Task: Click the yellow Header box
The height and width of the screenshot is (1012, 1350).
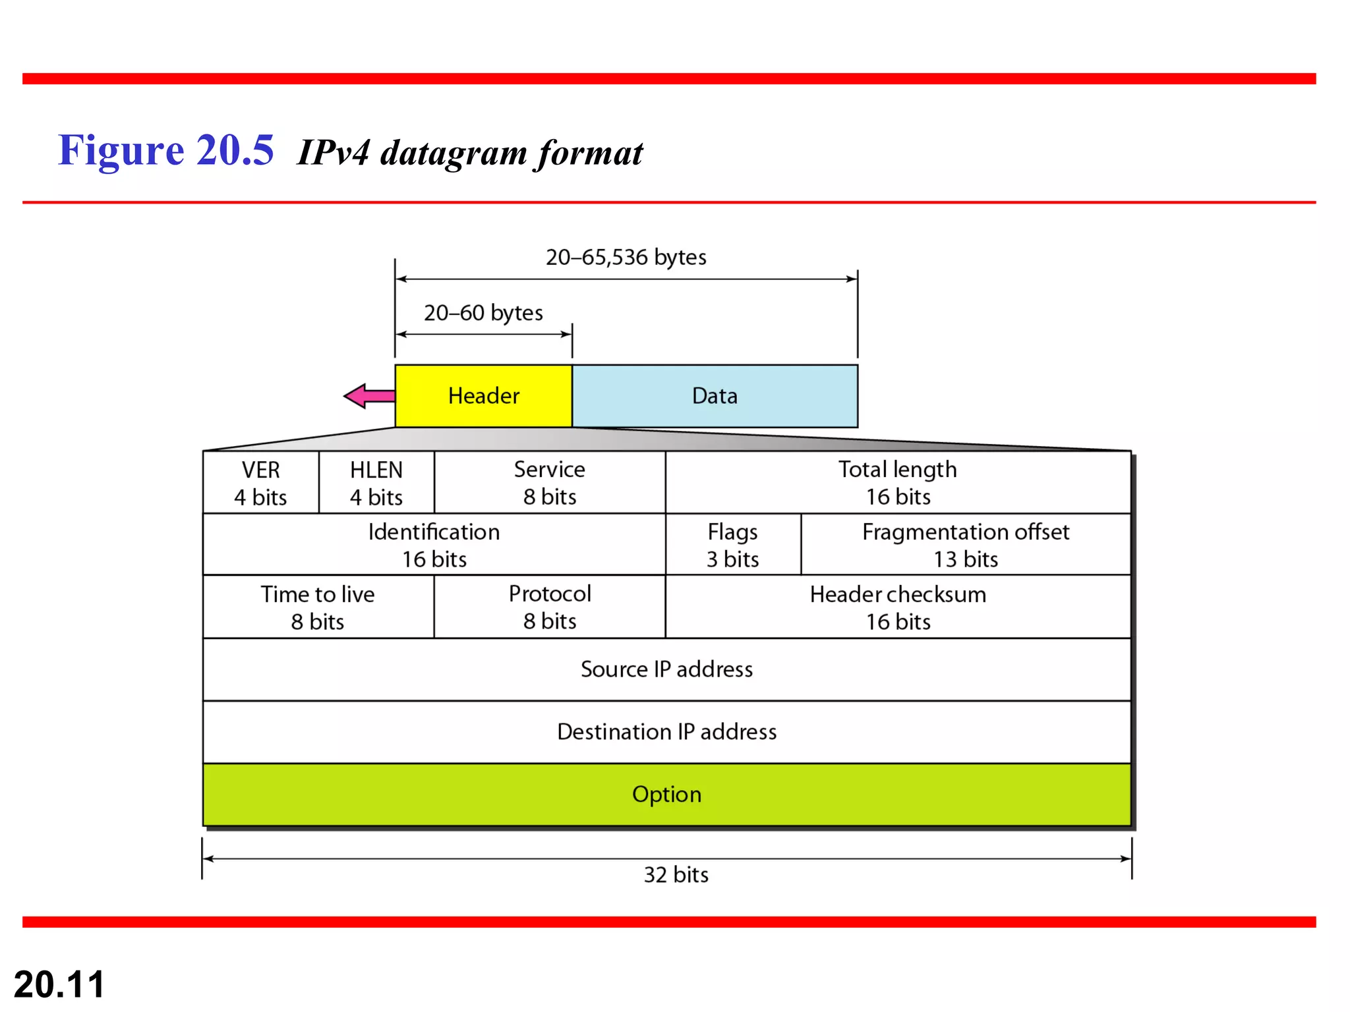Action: click(x=483, y=396)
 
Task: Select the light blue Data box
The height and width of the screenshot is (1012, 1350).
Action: click(x=715, y=396)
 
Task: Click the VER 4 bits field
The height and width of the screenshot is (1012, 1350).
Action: click(x=260, y=483)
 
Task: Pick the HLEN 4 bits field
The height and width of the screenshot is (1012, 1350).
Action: click(x=376, y=483)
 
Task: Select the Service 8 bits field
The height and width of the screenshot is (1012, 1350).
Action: click(x=550, y=483)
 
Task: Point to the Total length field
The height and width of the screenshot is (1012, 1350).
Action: click(x=898, y=483)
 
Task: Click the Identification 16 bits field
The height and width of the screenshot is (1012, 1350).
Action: click(x=434, y=545)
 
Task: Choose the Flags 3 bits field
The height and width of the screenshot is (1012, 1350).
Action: click(x=733, y=545)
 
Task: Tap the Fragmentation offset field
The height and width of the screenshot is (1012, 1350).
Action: click(x=966, y=545)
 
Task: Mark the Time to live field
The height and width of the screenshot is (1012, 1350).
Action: click(x=318, y=607)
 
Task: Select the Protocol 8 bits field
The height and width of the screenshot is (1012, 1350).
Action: click(x=550, y=607)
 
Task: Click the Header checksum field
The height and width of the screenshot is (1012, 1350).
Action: click(x=898, y=607)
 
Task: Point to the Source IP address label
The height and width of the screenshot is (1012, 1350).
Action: click(x=666, y=669)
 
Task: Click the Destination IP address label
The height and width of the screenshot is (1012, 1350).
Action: click(x=666, y=732)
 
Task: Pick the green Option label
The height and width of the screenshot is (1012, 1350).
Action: click(x=666, y=795)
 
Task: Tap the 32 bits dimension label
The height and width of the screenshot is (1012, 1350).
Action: click(x=676, y=874)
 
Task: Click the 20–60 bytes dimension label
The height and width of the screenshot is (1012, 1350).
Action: click(x=483, y=312)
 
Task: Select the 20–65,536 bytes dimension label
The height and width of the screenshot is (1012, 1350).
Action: click(x=626, y=257)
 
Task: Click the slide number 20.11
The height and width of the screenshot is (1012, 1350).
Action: click(x=59, y=984)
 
